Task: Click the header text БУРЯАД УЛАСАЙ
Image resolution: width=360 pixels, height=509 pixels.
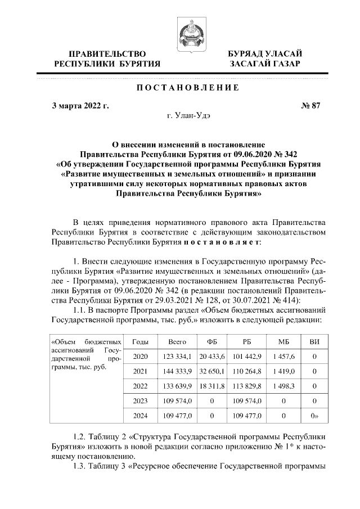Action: [264, 54]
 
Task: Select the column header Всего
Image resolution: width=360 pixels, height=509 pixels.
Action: [178, 341]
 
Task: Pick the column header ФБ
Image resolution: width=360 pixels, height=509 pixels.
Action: [212, 341]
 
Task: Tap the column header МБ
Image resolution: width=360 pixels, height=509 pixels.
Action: [283, 341]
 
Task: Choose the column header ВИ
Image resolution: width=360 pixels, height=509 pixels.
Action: [314, 341]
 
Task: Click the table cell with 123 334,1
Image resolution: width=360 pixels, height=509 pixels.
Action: [178, 356]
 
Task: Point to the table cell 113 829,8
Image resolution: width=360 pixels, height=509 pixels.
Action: [246, 386]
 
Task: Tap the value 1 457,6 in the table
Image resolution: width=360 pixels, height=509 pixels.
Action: [283, 356]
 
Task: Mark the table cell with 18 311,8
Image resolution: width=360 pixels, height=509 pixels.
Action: [213, 386]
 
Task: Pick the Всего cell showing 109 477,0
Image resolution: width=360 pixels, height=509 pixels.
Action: [178, 416]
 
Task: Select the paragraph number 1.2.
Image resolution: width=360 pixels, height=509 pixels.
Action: [82, 436]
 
